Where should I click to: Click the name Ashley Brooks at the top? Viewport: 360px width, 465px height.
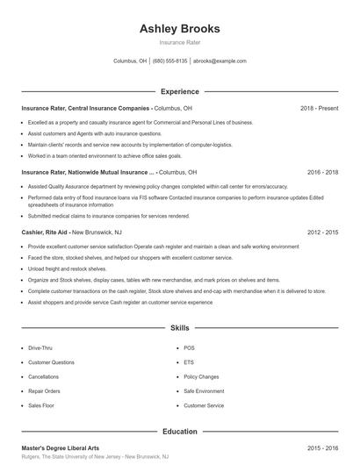[x=179, y=29]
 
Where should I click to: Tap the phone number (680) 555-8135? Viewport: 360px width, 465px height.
[x=170, y=61]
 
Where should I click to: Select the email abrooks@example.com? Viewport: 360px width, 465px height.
[x=220, y=61]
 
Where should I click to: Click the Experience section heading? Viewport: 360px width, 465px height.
[x=179, y=91]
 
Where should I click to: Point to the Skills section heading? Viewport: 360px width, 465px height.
[x=179, y=327]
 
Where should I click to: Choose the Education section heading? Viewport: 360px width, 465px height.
[x=179, y=432]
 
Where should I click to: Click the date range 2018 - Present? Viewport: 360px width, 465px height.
[x=319, y=109]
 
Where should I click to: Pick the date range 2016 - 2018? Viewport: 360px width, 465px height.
[x=322, y=173]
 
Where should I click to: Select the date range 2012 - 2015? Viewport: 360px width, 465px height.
[x=322, y=232]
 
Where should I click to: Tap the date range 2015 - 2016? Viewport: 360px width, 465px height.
[x=322, y=448]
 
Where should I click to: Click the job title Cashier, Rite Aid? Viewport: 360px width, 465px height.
[x=45, y=232]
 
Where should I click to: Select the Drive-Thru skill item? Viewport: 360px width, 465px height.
[x=40, y=348]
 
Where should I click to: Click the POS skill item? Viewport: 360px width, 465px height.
[x=189, y=348]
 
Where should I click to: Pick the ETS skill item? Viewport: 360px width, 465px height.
[x=189, y=362]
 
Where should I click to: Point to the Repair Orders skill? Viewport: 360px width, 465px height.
[x=44, y=391]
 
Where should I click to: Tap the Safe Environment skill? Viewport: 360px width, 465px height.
[x=204, y=391]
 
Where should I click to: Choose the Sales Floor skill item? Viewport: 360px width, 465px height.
[x=41, y=406]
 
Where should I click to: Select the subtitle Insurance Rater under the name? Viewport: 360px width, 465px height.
[x=179, y=43]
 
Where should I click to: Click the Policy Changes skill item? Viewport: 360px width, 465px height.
[x=201, y=377]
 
